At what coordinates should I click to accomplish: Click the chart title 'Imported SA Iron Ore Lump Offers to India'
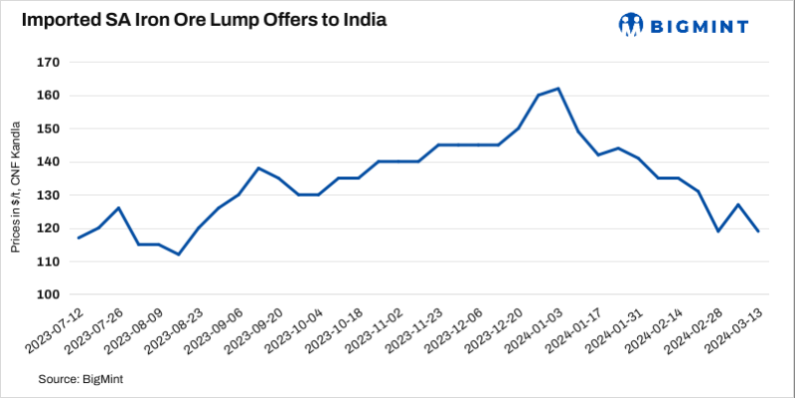(206, 22)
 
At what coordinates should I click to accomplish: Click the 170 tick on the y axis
(49, 63)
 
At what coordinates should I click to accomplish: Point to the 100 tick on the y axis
(49, 295)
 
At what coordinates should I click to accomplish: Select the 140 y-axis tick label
(49, 162)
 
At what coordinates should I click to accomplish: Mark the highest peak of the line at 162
(558, 89)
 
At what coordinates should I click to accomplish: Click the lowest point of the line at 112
(178, 255)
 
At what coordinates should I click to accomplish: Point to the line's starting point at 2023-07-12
(79, 238)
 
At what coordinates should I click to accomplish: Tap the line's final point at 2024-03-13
(758, 232)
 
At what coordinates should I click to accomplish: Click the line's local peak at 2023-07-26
(118, 208)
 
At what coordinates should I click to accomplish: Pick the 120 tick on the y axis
(49, 228)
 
